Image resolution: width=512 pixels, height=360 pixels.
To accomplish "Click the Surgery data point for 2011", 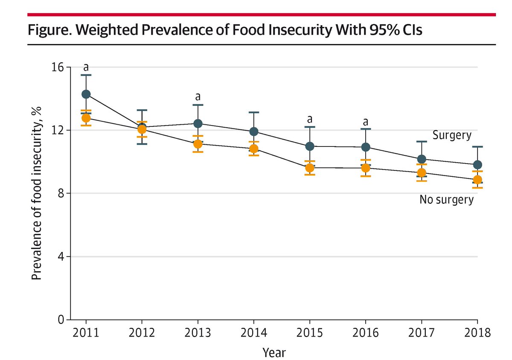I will coord(86,94).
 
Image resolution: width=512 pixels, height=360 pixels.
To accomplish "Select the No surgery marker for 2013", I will coord(198,144).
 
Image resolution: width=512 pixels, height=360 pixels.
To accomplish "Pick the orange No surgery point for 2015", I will coord(310,168).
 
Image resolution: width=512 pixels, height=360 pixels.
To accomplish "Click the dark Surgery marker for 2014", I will coord(254,132).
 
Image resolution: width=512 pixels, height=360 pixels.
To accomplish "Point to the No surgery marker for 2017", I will coord(422,173).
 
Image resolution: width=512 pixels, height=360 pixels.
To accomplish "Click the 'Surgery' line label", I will coord(452,135).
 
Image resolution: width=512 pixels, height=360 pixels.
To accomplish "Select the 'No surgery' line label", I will coord(446,200).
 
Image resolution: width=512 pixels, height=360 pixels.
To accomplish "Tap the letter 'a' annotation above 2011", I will coord(86,67).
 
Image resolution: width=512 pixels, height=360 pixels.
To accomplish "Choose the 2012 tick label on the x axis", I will coord(142,333).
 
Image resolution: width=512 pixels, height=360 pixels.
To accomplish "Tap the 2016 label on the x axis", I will coord(366,333).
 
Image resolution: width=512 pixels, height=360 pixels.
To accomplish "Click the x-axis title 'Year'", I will coord(274,353).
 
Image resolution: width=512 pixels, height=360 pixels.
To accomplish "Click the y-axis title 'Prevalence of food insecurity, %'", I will coord(37,193).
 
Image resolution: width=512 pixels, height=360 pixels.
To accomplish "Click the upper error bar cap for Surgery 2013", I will coord(198,105).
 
